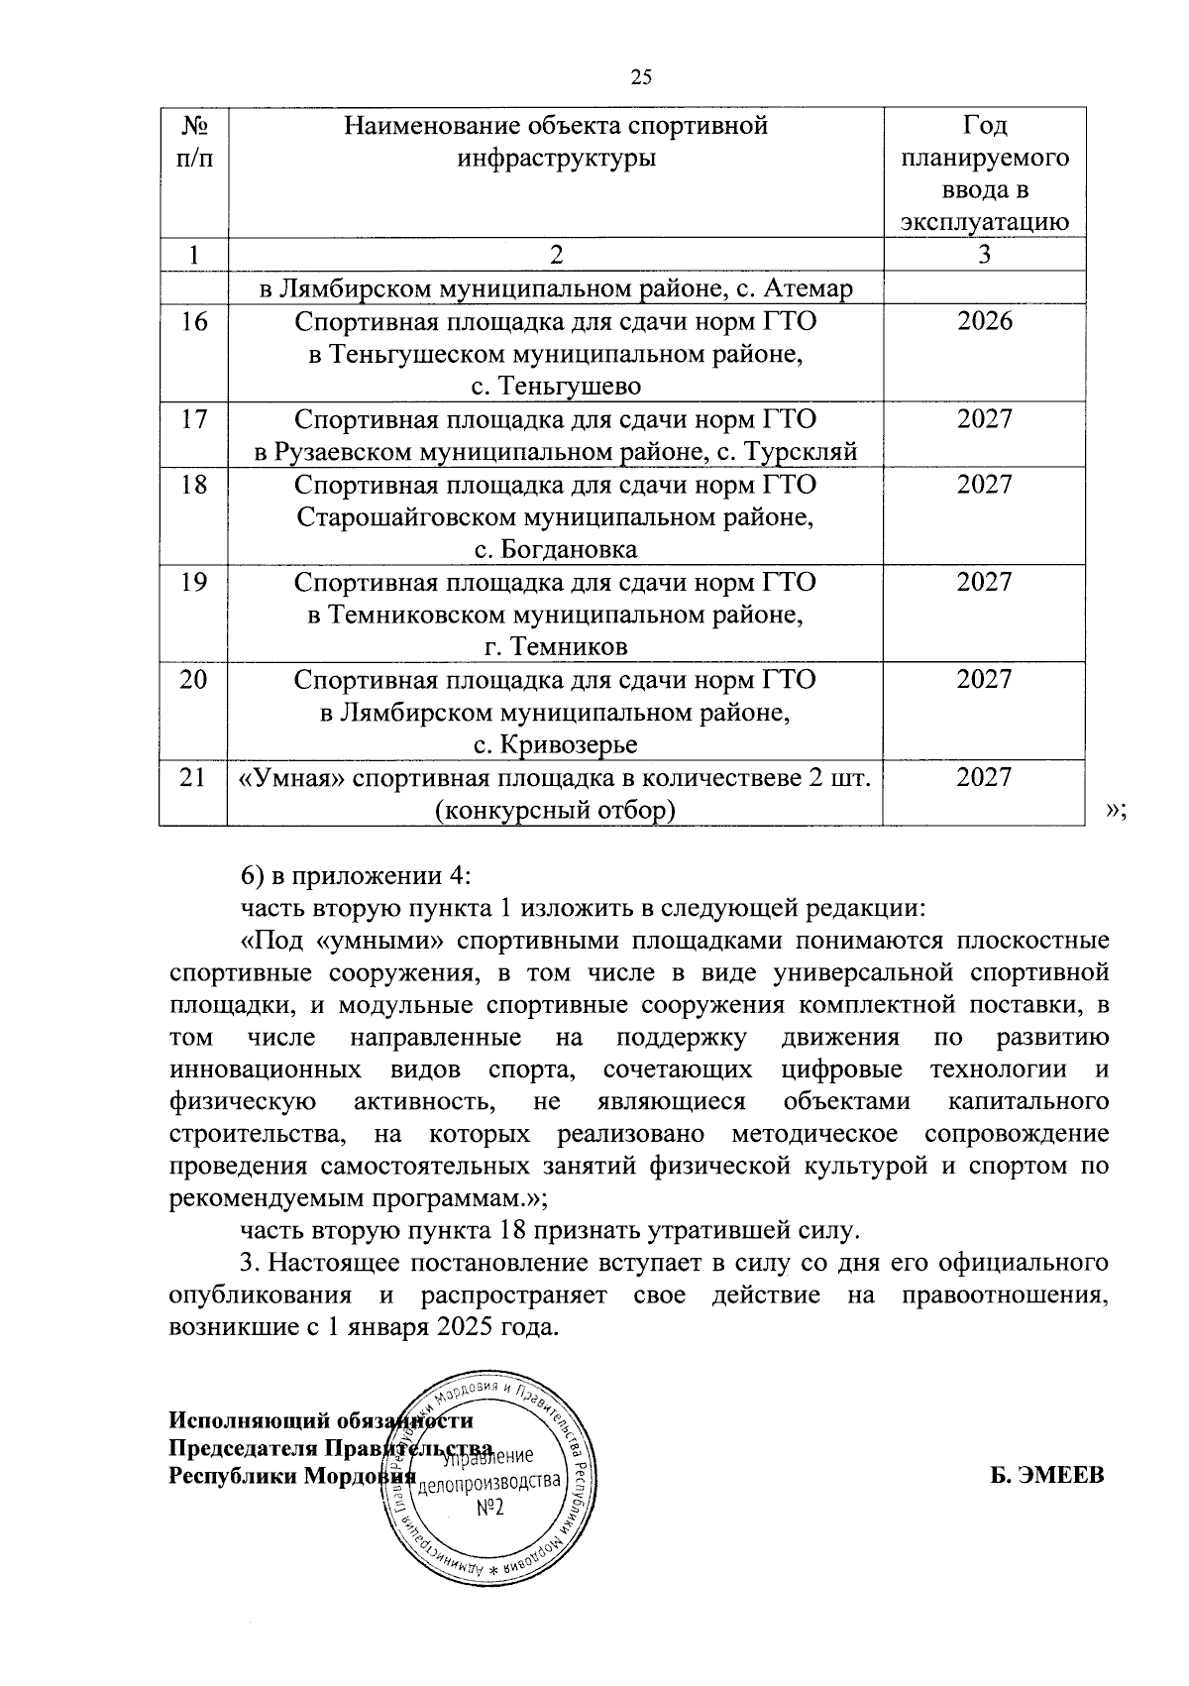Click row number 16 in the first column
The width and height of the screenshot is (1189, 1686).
coord(194,321)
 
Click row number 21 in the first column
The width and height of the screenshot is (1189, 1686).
coord(194,777)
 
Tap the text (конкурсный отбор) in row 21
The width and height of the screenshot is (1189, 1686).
coord(556,810)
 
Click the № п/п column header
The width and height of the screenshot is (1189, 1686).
coord(194,142)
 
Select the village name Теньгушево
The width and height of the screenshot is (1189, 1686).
coord(556,387)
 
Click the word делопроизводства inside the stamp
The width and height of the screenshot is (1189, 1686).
coord(489,1483)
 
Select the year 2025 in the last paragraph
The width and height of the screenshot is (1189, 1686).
coord(466,1327)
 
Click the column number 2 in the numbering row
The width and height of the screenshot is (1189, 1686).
coord(556,255)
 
